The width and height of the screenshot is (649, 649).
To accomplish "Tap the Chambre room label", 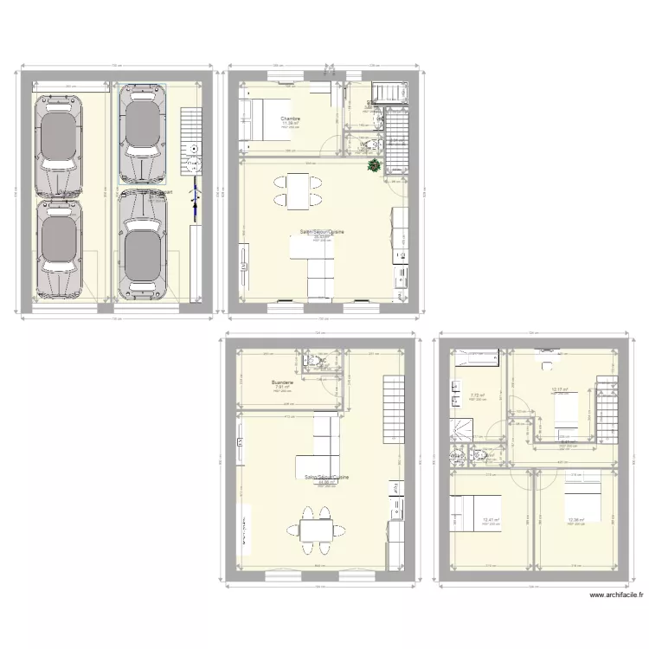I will click(290, 118).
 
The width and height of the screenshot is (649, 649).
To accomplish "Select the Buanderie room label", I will click(282, 382).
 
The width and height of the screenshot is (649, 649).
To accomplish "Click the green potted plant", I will click(374, 165).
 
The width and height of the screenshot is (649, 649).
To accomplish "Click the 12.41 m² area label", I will click(492, 519).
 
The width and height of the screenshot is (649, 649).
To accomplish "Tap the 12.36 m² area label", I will click(576, 519).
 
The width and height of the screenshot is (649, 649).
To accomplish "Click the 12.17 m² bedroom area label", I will click(559, 389).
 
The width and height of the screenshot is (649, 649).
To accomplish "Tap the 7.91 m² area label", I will click(281, 389).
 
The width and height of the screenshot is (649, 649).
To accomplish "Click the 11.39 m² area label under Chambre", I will click(290, 124).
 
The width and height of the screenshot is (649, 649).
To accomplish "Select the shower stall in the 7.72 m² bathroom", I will click(459, 429).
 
